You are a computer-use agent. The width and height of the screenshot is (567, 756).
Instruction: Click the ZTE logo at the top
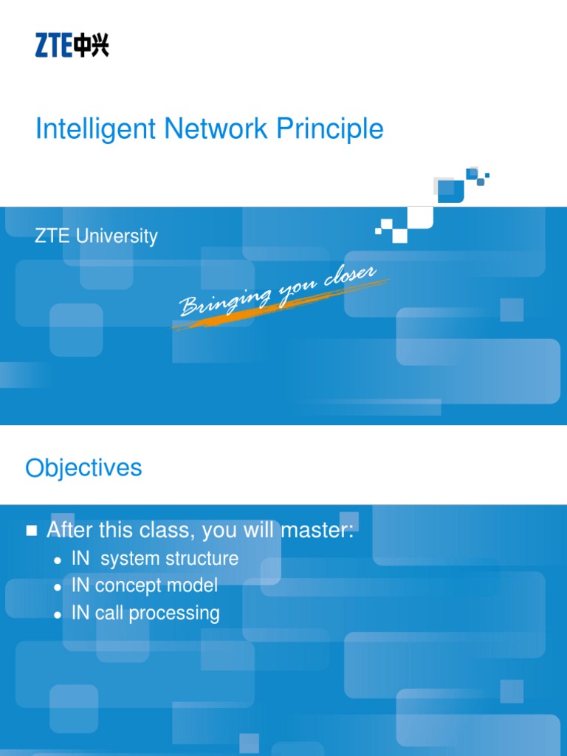pyautogui.click(x=72, y=47)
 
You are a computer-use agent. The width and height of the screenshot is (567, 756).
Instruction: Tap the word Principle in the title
pyautogui.click(x=330, y=130)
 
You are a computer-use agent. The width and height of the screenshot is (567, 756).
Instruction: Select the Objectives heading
pyautogui.click(x=83, y=468)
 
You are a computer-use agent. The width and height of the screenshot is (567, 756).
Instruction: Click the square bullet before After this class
pyautogui.click(x=31, y=531)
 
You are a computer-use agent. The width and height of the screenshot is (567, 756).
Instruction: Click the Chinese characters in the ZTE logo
pyautogui.click(x=91, y=47)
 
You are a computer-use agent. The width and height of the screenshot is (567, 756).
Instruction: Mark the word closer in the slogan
pyautogui.click(x=351, y=278)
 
